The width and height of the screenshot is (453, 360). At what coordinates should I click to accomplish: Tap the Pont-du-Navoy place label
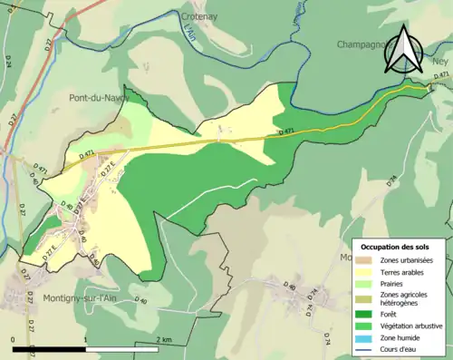(99, 97)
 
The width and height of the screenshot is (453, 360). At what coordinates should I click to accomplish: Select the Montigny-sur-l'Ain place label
(80, 297)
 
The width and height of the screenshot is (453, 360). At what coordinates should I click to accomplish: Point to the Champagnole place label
(366, 44)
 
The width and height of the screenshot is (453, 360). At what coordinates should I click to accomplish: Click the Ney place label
(440, 62)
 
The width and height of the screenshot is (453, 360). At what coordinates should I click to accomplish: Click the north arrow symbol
(402, 50)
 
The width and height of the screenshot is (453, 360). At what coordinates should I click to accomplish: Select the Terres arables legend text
(405, 270)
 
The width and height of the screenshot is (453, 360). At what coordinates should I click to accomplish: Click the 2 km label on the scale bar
(163, 339)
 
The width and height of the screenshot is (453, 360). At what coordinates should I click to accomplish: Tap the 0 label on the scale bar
(14, 339)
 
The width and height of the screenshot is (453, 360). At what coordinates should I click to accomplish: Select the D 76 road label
(392, 180)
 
